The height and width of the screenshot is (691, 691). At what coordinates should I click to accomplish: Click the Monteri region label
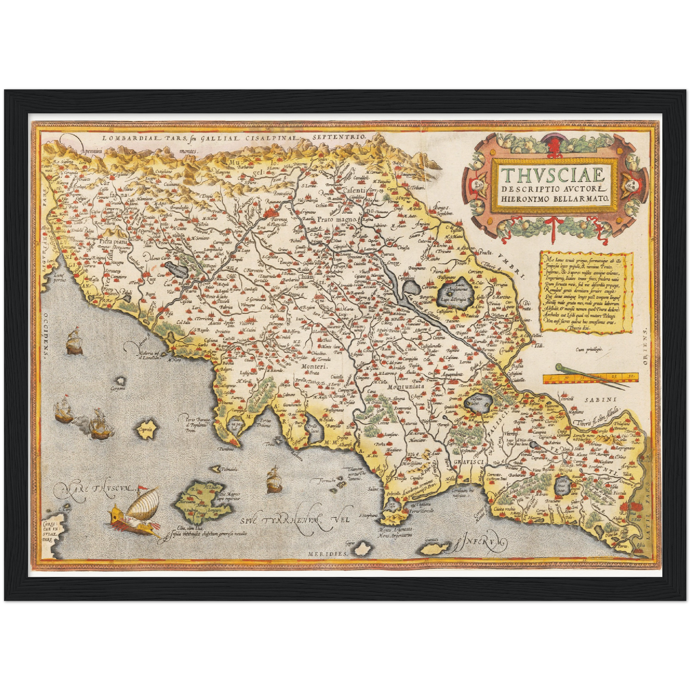314,366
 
